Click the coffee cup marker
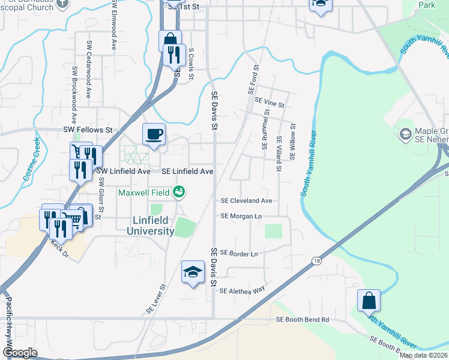154,134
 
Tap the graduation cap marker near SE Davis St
193,272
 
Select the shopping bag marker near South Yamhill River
369,301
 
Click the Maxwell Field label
143,193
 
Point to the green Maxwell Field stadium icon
178,193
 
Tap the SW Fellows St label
88,130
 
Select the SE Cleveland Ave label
247,201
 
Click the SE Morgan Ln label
242,216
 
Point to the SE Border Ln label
239,254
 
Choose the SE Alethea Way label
242,291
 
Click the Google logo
20,353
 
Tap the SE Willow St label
293,142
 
